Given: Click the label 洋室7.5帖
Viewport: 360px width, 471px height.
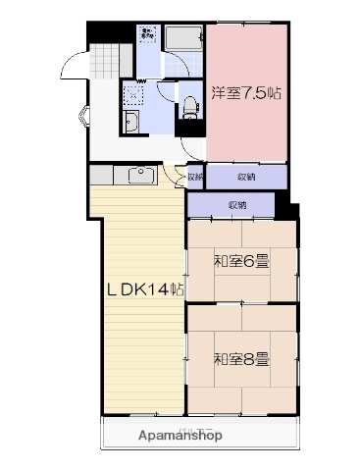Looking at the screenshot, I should coord(247,94).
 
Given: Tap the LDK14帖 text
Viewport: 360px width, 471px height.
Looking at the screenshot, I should coord(145,289).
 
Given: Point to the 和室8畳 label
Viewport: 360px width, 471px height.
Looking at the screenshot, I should coord(241,358).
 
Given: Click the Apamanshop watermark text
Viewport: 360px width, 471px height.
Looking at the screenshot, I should coord(180,435).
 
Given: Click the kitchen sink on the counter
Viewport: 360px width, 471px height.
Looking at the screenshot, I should coord(138,177).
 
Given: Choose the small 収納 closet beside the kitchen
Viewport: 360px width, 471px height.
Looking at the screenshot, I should coord(194,178).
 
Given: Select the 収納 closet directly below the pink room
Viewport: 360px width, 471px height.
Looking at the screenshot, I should coord(245,177).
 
